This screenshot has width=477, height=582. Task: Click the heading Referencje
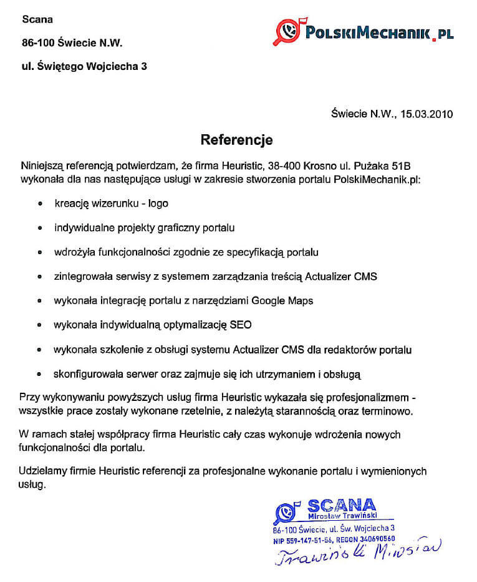(x=236, y=139)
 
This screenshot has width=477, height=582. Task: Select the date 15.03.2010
(x=426, y=114)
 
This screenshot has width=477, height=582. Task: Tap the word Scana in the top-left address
(x=37, y=19)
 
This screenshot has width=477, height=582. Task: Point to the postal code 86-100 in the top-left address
(x=38, y=42)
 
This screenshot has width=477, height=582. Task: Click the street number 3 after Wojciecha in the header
(x=145, y=66)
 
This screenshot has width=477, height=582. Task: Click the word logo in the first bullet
(x=158, y=204)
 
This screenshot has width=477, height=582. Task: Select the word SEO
(x=241, y=325)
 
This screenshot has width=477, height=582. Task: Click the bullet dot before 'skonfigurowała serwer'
(x=40, y=375)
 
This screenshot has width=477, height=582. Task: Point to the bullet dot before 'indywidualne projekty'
(x=40, y=228)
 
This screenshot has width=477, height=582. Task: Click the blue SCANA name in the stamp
(x=341, y=505)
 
